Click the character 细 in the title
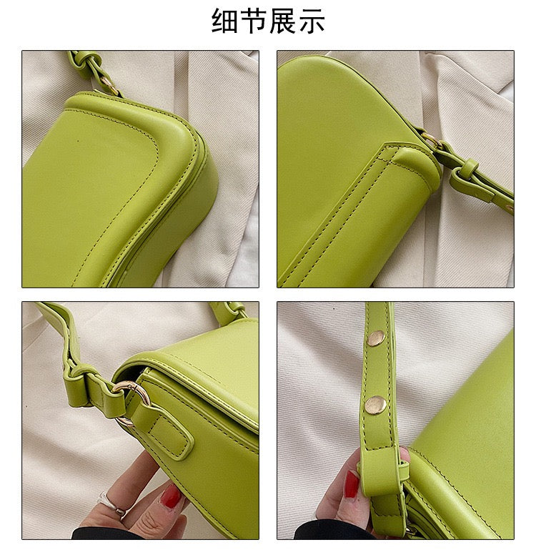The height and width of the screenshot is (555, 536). (224, 21)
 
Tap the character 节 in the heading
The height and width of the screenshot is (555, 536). (253, 21)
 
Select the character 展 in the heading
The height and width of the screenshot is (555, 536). (282, 21)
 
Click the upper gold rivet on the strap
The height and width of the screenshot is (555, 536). (375, 338)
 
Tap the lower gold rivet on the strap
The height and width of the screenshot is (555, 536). (376, 405)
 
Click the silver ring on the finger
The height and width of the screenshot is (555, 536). (111, 504)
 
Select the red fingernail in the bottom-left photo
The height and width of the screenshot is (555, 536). (171, 496)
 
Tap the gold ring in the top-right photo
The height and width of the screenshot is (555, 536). (430, 139)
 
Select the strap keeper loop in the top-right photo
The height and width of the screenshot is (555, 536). (466, 173)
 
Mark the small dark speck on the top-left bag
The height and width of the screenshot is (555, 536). (78, 139)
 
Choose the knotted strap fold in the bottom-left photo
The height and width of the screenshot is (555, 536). (79, 382)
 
